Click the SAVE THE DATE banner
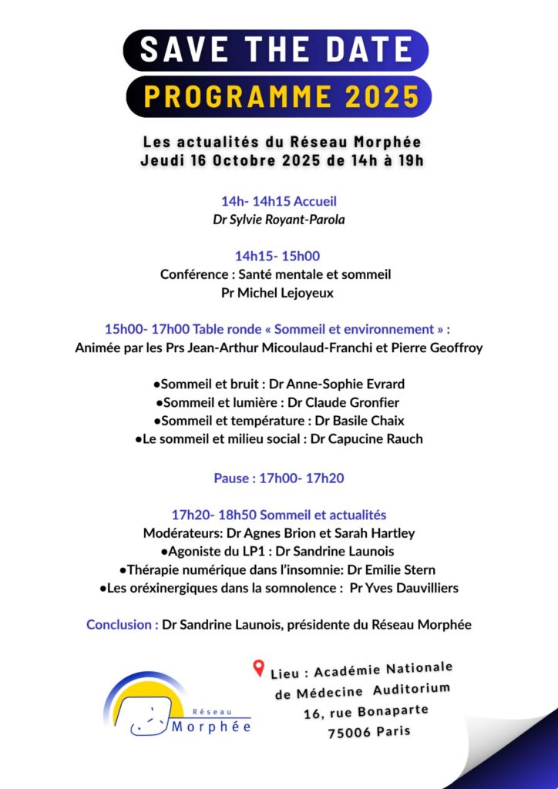click(276, 50)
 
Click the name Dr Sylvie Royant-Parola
click(278, 220)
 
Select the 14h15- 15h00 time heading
click(277, 256)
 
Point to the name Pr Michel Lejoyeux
click(278, 293)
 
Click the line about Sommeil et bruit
click(278, 384)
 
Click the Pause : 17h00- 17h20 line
click(278, 478)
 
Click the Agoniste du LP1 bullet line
click(278, 552)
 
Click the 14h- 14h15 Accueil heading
click(278, 201)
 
